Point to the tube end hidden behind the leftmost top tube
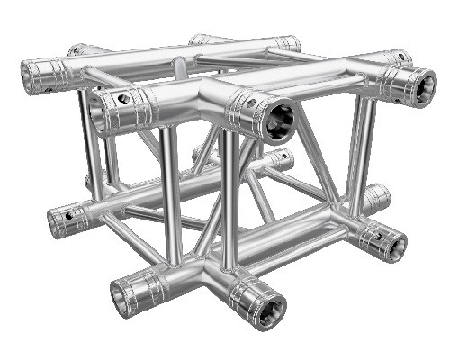pos(77,49)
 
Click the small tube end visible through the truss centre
pos(283,160)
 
